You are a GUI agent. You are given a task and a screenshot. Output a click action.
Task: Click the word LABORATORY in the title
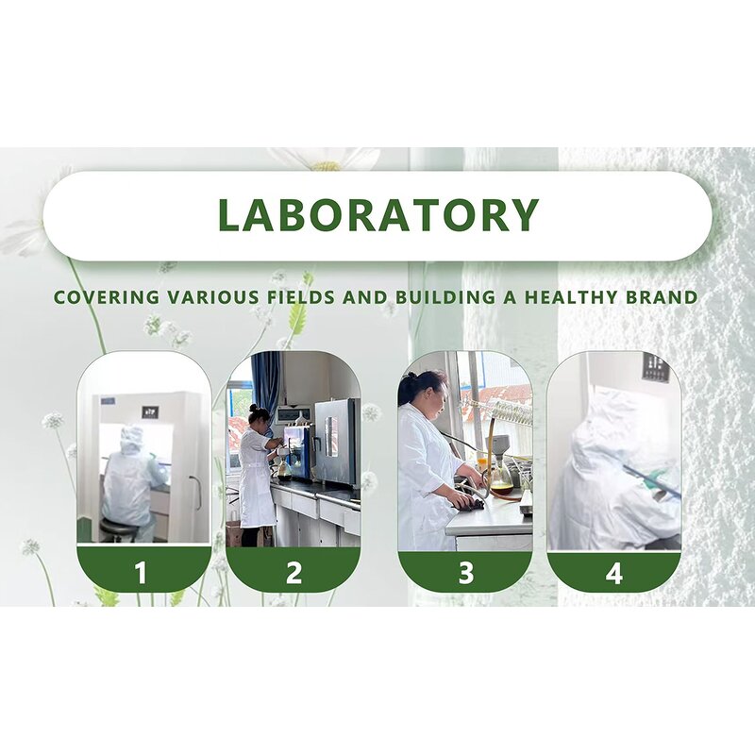(378, 214)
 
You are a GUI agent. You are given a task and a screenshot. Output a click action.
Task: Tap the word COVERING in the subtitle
(106, 297)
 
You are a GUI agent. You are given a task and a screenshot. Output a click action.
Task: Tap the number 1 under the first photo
(141, 573)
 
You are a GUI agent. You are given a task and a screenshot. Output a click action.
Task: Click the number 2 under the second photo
(294, 573)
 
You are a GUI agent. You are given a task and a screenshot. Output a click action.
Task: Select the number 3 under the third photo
(465, 573)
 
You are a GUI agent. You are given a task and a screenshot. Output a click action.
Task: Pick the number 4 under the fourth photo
(614, 574)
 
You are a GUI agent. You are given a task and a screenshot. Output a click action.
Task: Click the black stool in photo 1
(119, 528)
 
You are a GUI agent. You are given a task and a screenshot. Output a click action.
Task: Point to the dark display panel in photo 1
(150, 412)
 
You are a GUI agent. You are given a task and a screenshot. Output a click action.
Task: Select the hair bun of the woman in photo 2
(253, 408)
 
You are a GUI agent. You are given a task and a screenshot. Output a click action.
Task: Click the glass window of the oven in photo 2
(331, 437)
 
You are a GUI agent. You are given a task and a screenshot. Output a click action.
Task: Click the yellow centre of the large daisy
(326, 166)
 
